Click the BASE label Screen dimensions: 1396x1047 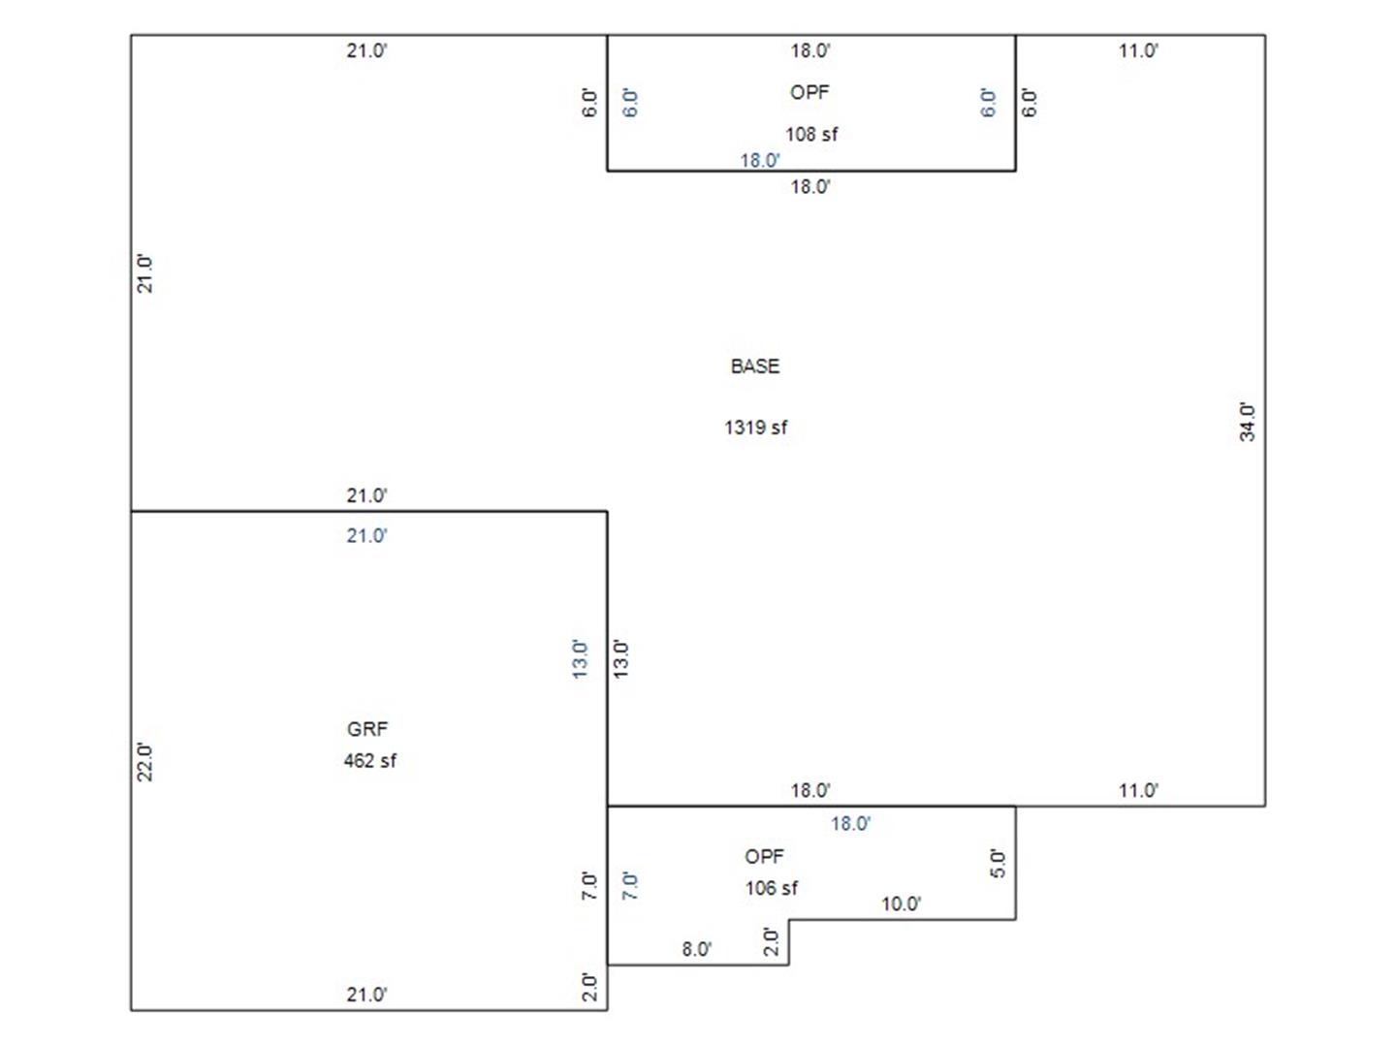tap(755, 366)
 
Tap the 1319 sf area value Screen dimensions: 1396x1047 tap(755, 428)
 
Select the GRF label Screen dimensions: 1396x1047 tap(367, 728)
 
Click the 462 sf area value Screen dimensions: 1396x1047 tap(369, 760)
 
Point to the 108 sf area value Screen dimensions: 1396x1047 tap(810, 134)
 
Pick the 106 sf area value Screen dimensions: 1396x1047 tap(771, 887)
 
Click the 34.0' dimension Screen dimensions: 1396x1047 tap(1247, 422)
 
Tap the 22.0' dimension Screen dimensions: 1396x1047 tap(145, 762)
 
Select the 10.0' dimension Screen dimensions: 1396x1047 tap(902, 904)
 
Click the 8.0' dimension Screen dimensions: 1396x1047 tap(696, 949)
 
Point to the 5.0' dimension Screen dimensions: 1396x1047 tap(998, 864)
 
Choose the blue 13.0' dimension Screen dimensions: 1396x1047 tap(580, 659)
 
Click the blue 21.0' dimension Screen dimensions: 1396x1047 tap(367, 536)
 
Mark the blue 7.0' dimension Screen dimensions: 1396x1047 tap(629, 885)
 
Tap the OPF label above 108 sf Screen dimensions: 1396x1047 tap(809, 92)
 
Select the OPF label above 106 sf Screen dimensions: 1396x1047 tap(764, 856)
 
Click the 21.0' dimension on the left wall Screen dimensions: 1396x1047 tap(145, 274)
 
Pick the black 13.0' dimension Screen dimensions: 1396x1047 tap(620, 659)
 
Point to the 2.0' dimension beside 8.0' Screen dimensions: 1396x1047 tap(771, 942)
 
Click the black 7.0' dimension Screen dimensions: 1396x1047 tap(589, 885)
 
